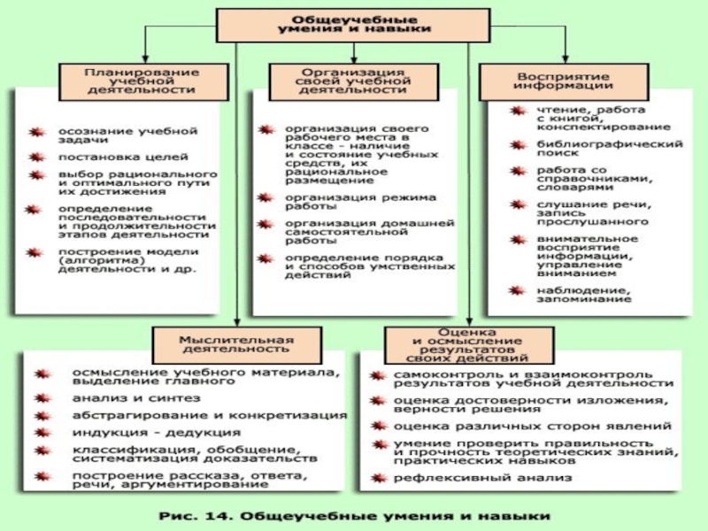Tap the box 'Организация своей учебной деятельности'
pos(352,81)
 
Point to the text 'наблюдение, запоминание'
pos(583,294)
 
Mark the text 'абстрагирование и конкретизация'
pos(209,415)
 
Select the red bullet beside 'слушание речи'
pos(516,209)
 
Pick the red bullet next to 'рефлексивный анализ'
pos(377,479)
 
